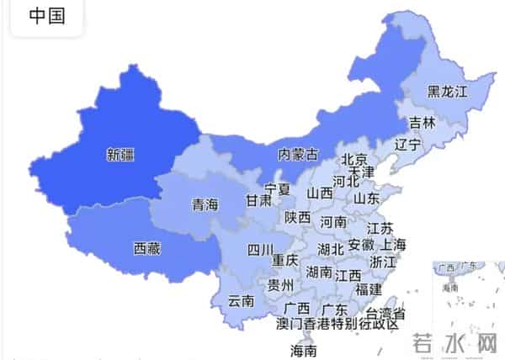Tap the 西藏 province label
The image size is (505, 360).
(147, 248)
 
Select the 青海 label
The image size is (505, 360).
(205, 204)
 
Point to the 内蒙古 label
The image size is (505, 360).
(299, 154)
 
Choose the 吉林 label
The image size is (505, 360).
(423, 123)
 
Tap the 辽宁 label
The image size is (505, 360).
(408, 144)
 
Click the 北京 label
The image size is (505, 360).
(354, 160)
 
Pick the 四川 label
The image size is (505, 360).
(260, 250)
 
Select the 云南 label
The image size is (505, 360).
(241, 301)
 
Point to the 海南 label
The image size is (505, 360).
(303, 350)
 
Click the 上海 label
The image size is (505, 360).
(393, 245)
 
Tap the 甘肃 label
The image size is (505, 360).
(258, 201)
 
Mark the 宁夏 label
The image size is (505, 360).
(277, 188)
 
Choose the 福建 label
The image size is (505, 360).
(369, 289)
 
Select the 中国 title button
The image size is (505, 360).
(47, 16)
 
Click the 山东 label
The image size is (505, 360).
(366, 199)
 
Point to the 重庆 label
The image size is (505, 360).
(285, 260)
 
